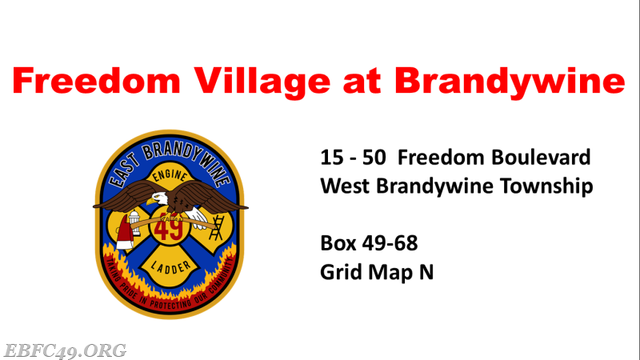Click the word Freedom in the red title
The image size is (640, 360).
pos(96,81)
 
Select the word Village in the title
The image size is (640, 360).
pos(262,82)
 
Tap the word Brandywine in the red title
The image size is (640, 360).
pos(510,82)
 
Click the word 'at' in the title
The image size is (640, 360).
pos(362,82)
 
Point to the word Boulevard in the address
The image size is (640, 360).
pos(541,157)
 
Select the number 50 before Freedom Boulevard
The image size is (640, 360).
pos(374,158)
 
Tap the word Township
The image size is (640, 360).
pos(546,186)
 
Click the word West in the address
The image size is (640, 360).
pos(345,186)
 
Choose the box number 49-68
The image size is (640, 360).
pos(390,243)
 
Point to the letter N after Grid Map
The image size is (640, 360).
pos(426,272)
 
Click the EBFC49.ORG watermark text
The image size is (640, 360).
pos(65,351)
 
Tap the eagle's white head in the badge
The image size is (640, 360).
pos(158,198)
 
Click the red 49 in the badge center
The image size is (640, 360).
pos(169,228)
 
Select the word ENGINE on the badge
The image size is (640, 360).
pos(170,176)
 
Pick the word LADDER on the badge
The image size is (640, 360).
pos(170,267)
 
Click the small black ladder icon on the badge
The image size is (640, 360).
pos(216,227)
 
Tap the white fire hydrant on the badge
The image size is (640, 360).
pos(134,223)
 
